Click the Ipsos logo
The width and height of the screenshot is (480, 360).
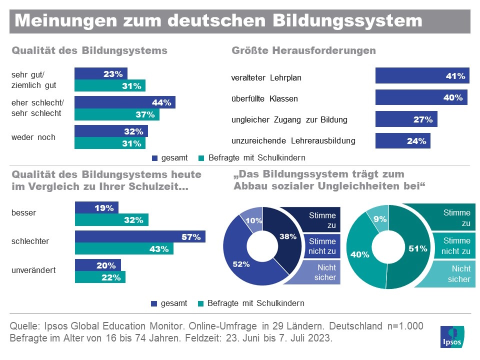(452, 336)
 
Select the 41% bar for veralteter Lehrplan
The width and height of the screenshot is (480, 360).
(422, 76)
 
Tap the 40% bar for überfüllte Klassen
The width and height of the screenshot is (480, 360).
(421, 97)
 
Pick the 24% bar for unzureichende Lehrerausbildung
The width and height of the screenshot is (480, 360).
(402, 140)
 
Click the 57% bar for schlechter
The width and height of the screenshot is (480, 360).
(140, 236)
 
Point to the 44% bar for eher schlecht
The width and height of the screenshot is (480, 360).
(124, 102)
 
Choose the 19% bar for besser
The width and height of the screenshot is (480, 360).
(96, 207)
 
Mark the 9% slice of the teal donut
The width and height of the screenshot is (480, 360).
(378, 218)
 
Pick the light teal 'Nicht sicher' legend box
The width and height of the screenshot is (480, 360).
(445, 274)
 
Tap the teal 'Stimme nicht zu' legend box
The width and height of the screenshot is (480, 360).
(450, 245)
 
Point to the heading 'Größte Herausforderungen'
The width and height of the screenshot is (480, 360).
(303, 50)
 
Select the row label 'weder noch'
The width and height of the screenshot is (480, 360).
(33, 137)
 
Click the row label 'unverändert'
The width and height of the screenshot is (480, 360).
(33, 270)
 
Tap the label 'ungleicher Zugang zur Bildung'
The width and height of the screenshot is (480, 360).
(289, 119)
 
